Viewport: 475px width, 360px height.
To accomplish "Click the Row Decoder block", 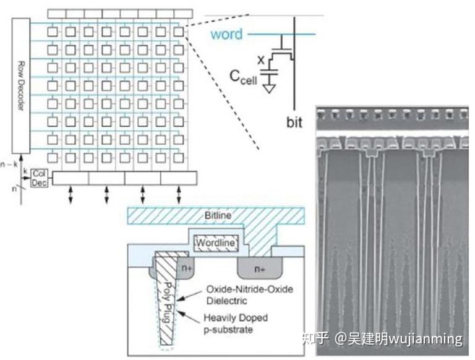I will tap(20, 87).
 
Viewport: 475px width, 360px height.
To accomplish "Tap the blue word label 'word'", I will tap(226, 34).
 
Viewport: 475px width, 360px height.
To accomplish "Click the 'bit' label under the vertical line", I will tap(295, 122).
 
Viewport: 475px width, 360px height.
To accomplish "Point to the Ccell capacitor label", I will tap(244, 77).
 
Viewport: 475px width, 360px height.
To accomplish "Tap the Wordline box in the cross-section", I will tap(215, 243).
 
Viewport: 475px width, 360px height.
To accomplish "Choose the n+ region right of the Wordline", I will tap(259, 270).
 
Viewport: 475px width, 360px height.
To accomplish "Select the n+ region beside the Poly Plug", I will tap(186, 269).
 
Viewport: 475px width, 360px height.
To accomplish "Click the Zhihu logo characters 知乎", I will tap(315, 339).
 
